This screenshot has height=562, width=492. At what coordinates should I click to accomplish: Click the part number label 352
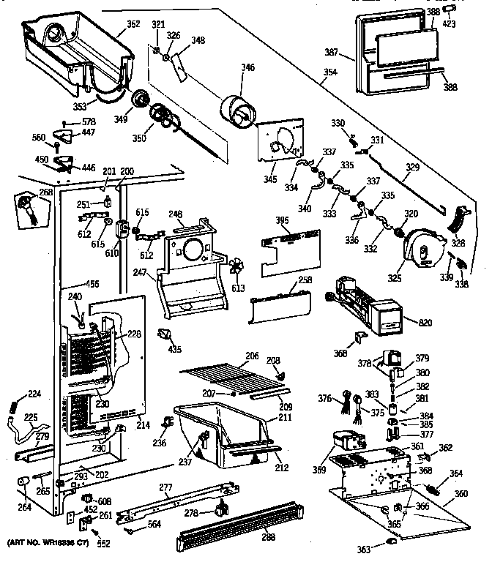tap(133, 24)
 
